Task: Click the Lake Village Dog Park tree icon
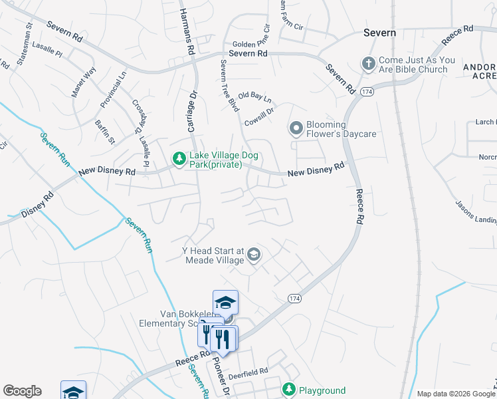coord(178,158)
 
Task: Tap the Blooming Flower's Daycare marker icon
coord(296,127)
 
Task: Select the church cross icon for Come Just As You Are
coord(368,64)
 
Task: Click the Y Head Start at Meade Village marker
coord(253,255)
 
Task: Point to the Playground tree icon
coord(288,389)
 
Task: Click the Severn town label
coord(379,33)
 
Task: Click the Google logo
coord(22,391)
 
